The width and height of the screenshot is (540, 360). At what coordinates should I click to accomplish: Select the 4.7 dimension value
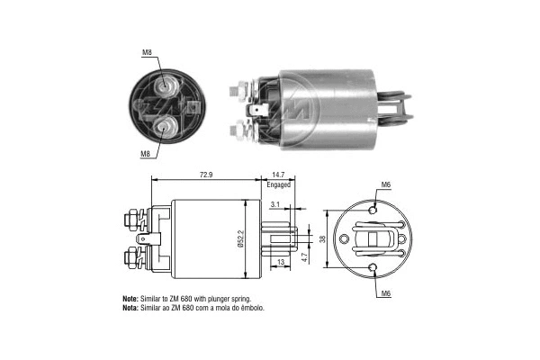[306, 256]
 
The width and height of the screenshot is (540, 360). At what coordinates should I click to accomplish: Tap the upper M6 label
[385, 184]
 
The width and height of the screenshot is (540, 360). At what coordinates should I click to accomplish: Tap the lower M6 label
[385, 293]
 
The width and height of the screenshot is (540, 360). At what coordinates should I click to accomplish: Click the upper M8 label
[146, 52]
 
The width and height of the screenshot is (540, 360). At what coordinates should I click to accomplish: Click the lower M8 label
[144, 154]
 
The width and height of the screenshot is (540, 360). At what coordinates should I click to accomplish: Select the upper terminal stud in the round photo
[166, 86]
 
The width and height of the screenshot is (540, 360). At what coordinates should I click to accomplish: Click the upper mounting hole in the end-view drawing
[372, 210]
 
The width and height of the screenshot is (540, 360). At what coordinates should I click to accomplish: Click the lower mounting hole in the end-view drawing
[372, 267]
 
